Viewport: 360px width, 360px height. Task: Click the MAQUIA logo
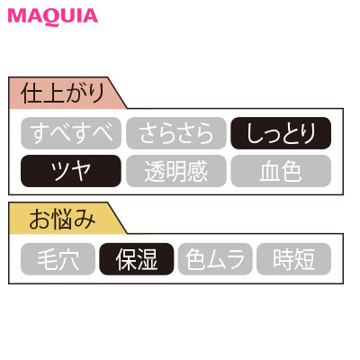coord(53,16)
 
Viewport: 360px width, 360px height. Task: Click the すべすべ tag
coord(71,133)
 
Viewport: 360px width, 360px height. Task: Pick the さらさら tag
coord(176,133)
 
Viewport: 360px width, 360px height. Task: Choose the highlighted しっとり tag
coord(281,133)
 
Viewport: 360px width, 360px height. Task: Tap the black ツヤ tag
coord(71,171)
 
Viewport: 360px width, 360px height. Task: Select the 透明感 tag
coord(176,171)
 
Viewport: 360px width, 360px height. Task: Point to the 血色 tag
coord(281,171)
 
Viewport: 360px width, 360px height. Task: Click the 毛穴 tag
coord(58,259)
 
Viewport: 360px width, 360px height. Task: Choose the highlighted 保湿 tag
coord(137,259)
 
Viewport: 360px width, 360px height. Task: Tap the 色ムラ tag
coord(215,259)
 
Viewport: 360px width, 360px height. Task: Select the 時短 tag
coord(293,259)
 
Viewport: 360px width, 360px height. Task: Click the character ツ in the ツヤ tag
coord(60,171)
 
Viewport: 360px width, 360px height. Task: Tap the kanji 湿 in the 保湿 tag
coord(147,259)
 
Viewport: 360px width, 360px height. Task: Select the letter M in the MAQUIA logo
coord(17,16)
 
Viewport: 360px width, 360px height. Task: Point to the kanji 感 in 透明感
coord(197,171)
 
